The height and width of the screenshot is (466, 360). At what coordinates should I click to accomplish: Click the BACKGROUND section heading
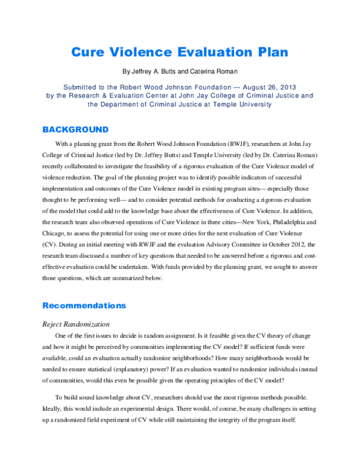[75, 129]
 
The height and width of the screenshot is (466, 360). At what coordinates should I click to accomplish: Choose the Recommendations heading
[84, 305]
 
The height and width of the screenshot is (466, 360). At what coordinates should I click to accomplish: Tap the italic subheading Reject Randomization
[76, 324]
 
